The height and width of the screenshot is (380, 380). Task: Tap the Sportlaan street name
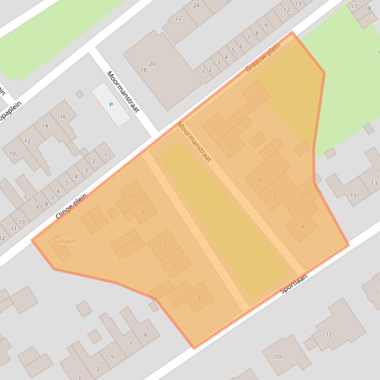pyautogui.click(x=294, y=284)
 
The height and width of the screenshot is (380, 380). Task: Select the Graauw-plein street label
pyautogui.click(x=263, y=57)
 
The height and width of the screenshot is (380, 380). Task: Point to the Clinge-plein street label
pyautogui.click(x=71, y=206)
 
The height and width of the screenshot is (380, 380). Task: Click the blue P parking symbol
pyautogui.click(x=111, y=105)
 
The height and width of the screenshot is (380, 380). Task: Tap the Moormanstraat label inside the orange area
pyautogui.click(x=194, y=142)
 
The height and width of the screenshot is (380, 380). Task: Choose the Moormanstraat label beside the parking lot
pyautogui.click(x=123, y=91)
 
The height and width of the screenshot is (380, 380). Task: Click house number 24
pyautogui.click(x=196, y=5)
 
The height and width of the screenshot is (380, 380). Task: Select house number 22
pyautogui.click(x=178, y=18)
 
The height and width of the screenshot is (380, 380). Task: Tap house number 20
pyautogui.click(x=152, y=64)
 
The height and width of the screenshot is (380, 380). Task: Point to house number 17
pyautogui.click(x=354, y=6)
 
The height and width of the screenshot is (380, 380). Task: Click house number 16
pyautogui.click(x=63, y=116)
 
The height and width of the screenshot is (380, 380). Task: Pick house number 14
pyautogui.click(x=45, y=126)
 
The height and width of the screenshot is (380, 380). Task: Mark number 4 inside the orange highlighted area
pyautogui.click(x=303, y=227)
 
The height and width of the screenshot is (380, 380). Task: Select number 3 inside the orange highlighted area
pyautogui.click(x=199, y=298)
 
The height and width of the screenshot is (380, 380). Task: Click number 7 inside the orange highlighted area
pyautogui.click(x=165, y=247)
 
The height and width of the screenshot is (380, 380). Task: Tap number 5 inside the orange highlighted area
pyautogui.click(x=174, y=266)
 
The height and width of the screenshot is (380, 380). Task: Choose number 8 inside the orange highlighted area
pyautogui.click(x=260, y=179)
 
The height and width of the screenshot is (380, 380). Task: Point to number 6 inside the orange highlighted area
pyautogui.click(x=275, y=197)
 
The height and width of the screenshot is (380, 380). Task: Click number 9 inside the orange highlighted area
pyautogui.click(x=143, y=212)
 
